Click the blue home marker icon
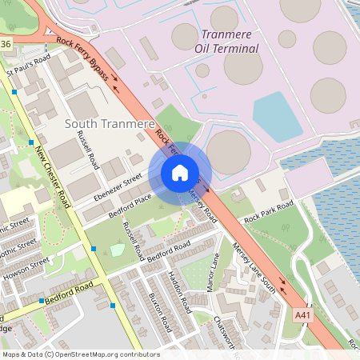180,172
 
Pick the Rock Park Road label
269,211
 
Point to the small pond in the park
118,250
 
